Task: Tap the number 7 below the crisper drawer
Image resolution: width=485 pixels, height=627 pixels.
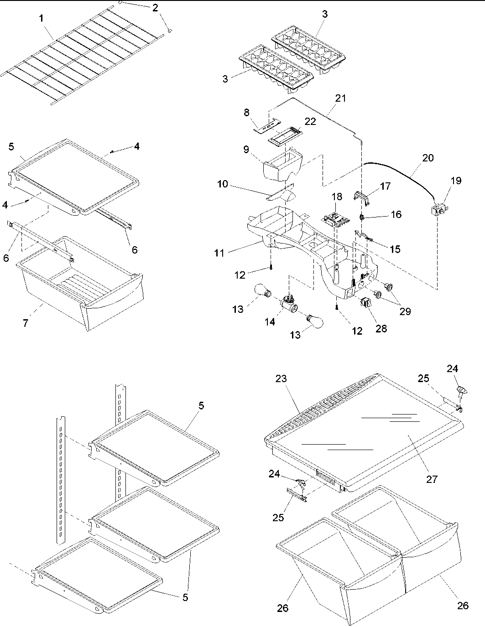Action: [x=26, y=323]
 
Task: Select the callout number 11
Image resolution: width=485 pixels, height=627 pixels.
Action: [x=219, y=252]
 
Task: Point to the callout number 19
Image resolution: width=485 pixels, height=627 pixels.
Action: [x=455, y=181]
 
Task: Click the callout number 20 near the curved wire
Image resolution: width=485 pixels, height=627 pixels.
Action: [x=428, y=158]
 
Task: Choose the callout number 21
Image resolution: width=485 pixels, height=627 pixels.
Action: [x=340, y=98]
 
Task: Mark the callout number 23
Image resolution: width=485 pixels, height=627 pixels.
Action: [x=282, y=378]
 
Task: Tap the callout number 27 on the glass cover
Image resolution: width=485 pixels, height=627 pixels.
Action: [x=432, y=479]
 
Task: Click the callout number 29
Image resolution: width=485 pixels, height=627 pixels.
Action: [x=405, y=311]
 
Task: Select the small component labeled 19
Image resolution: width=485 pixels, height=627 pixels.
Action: [x=439, y=210]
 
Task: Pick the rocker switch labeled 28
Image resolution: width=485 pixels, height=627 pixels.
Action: [x=366, y=303]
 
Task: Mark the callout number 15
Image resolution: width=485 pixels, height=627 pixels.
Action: [x=395, y=249]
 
